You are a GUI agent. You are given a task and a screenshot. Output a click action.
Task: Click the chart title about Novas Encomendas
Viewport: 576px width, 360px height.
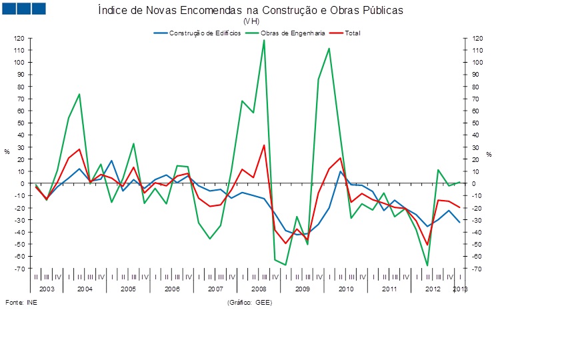tap(250, 11)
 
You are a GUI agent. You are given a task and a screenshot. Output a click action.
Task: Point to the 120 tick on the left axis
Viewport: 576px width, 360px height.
tap(19, 38)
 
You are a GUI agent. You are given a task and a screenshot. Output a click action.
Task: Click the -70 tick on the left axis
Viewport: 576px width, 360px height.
tap(19, 269)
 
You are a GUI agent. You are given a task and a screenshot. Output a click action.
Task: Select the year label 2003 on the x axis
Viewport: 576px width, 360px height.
tap(46, 289)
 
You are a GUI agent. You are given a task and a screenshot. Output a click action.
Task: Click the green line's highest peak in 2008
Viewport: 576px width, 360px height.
tap(264, 40)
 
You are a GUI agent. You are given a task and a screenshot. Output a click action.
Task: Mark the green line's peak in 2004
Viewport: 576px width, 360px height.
tap(79, 94)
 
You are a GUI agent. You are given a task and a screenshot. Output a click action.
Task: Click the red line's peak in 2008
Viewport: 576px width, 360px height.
tap(264, 145)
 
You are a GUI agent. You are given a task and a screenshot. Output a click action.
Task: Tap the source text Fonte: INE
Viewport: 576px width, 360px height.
tap(21, 302)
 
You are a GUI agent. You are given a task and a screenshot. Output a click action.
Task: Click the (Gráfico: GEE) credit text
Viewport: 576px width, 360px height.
tap(249, 302)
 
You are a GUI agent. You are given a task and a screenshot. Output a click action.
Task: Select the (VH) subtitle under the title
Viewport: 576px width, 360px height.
tap(251, 21)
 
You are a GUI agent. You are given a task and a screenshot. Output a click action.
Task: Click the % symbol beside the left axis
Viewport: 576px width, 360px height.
tap(7, 152)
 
